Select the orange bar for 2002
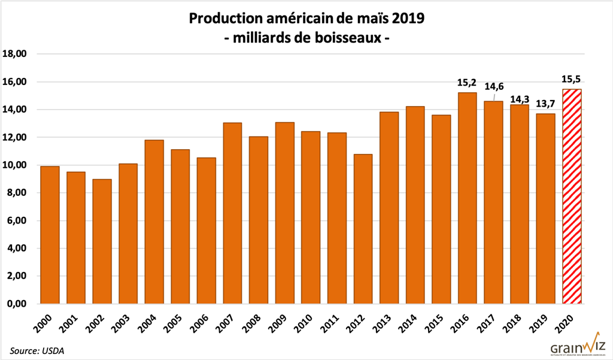click(102, 241)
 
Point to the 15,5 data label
click(572, 78)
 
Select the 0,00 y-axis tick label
click(17, 304)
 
